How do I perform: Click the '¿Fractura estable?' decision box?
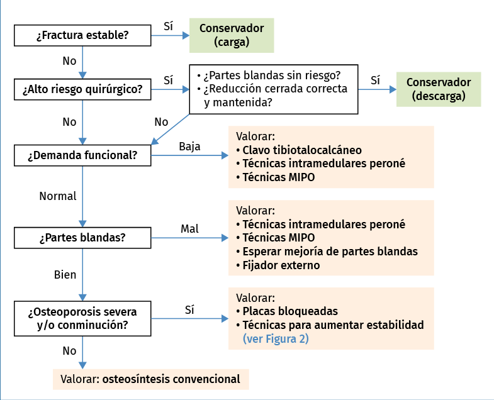(82, 35)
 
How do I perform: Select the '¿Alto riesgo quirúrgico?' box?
(82, 89)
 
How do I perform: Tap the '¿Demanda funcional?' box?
(82, 155)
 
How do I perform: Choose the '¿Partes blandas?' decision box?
(82, 238)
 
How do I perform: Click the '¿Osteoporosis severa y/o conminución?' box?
(82, 318)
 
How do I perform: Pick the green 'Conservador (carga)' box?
(232, 35)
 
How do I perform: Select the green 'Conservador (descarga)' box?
(438, 89)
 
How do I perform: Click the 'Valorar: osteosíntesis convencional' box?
(150, 379)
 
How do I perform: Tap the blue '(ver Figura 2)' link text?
(276, 339)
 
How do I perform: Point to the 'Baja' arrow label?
(189, 147)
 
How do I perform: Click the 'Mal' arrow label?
(189, 229)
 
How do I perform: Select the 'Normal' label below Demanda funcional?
(58, 196)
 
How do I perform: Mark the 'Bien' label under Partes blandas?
(65, 275)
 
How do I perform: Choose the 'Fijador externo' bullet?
(281, 265)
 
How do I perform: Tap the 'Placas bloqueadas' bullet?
(290, 311)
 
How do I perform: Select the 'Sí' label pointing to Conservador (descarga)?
(376, 81)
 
